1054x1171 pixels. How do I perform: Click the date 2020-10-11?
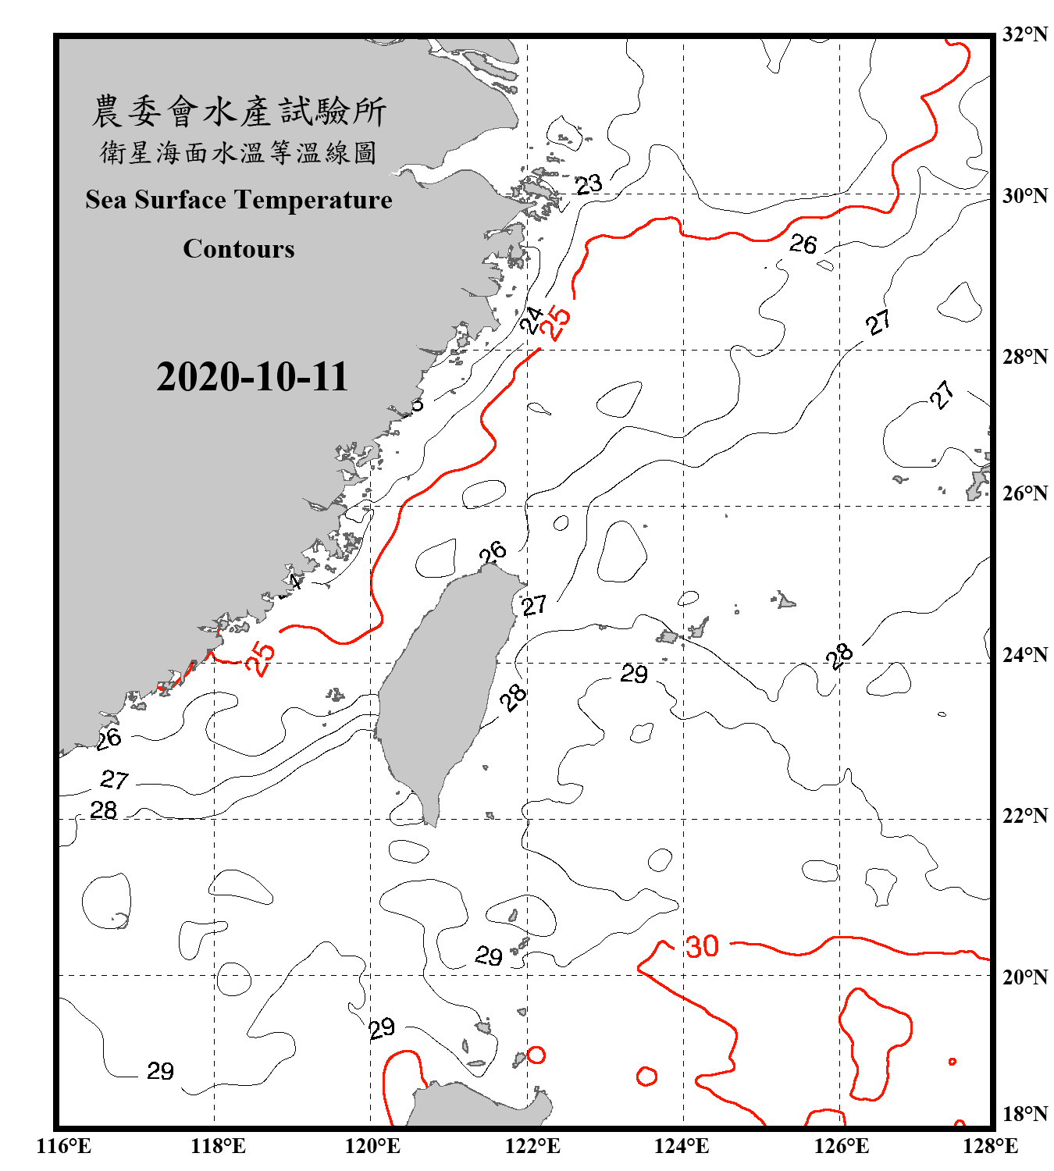click(x=251, y=377)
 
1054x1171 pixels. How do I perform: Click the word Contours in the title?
click(x=239, y=249)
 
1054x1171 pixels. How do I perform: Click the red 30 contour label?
click(x=701, y=946)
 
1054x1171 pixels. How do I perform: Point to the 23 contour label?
click(x=589, y=184)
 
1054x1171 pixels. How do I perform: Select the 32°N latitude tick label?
click(x=1024, y=34)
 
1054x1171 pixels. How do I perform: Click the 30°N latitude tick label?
click(x=1024, y=195)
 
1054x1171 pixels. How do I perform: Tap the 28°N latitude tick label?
click(x=1024, y=357)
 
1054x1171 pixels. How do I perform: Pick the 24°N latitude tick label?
click(x=1024, y=654)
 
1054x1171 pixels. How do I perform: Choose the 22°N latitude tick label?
click(x=1024, y=816)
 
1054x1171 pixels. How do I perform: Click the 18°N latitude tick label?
click(x=1024, y=1114)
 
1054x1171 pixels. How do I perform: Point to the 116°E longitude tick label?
click(x=64, y=1146)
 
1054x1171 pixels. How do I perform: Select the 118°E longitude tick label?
click(x=218, y=1146)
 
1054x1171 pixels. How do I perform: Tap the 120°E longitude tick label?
click(x=372, y=1146)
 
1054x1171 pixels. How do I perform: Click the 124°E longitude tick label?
click(x=682, y=1146)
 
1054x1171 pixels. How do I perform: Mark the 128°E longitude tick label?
click(x=990, y=1146)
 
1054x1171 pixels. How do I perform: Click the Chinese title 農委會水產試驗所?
click(x=239, y=112)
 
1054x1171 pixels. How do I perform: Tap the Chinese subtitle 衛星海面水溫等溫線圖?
click(x=239, y=152)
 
